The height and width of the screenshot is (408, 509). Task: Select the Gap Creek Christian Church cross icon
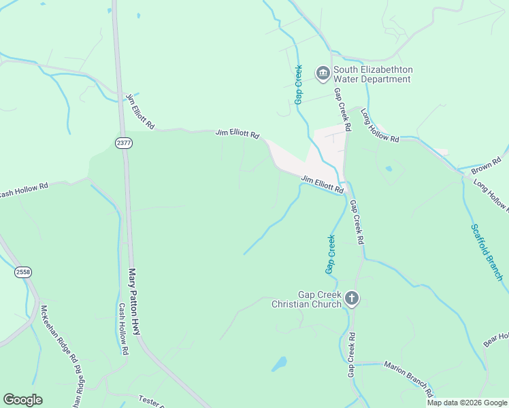click(351, 299)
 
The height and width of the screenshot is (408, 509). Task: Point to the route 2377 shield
click(123, 143)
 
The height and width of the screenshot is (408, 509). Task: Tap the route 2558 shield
click(23, 272)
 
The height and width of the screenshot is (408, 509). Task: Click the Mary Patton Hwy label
click(135, 301)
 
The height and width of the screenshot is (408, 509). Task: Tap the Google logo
click(22, 400)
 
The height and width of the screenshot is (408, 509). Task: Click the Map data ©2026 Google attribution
click(467, 403)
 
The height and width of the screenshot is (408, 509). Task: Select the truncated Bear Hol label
click(496, 338)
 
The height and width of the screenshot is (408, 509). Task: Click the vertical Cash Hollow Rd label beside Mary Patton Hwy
click(123, 329)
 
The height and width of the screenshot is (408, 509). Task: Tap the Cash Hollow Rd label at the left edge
click(24, 188)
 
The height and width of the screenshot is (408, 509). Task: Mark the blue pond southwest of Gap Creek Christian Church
click(279, 364)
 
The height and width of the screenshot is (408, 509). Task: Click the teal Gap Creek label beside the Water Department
click(298, 88)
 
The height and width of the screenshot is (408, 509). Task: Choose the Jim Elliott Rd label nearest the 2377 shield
click(141, 112)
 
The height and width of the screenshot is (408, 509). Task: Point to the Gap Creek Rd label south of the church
click(352, 355)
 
